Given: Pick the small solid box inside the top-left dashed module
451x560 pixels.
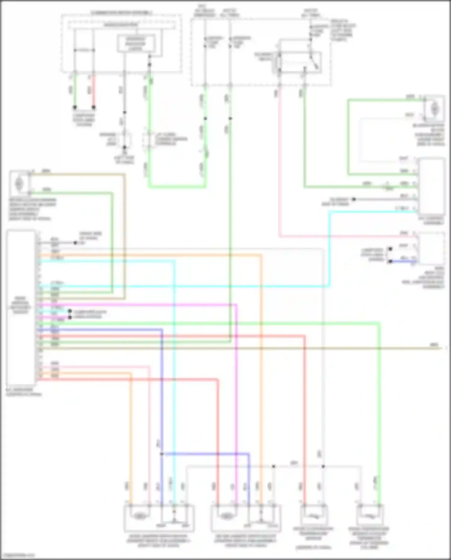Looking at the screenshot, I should (136, 44).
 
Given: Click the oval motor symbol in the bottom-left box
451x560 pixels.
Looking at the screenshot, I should (139, 516).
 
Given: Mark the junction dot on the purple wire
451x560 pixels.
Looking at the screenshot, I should (161, 453).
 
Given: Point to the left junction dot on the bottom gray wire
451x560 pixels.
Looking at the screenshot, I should (273, 466).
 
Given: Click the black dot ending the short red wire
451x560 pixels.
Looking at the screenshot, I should (94, 107).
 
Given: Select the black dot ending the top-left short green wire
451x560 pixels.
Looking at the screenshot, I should (75, 107).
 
